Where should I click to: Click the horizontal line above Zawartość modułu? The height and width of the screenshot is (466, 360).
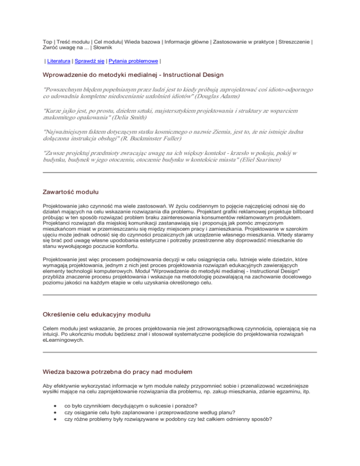(x=180, y=173)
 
